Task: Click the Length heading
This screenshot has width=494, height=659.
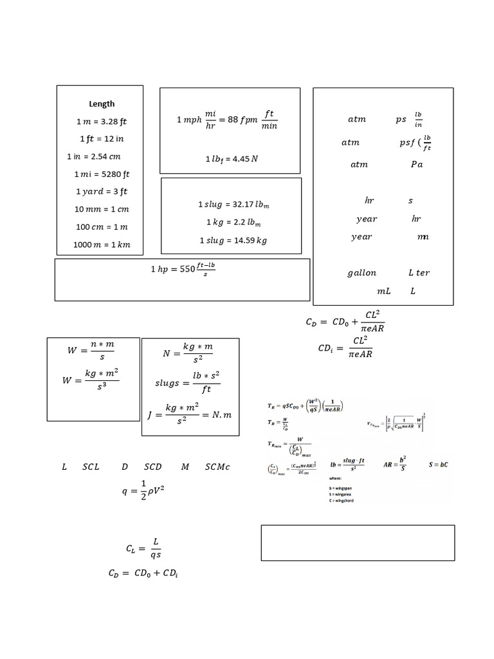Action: click(102, 104)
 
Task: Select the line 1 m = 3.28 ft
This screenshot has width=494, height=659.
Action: click(102, 121)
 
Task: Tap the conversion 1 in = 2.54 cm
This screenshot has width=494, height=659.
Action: click(94, 156)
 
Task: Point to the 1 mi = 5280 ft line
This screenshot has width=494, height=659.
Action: click(102, 174)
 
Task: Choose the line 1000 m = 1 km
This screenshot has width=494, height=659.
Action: click(102, 244)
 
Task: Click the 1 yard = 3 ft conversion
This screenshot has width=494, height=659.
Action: click(102, 191)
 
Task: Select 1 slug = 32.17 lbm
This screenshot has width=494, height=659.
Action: click(230, 205)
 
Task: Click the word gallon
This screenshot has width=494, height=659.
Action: click(361, 273)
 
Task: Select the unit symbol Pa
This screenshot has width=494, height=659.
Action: click(417, 164)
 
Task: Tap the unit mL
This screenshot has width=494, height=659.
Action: click(384, 291)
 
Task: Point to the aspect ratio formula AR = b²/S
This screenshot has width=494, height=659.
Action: click(394, 464)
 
